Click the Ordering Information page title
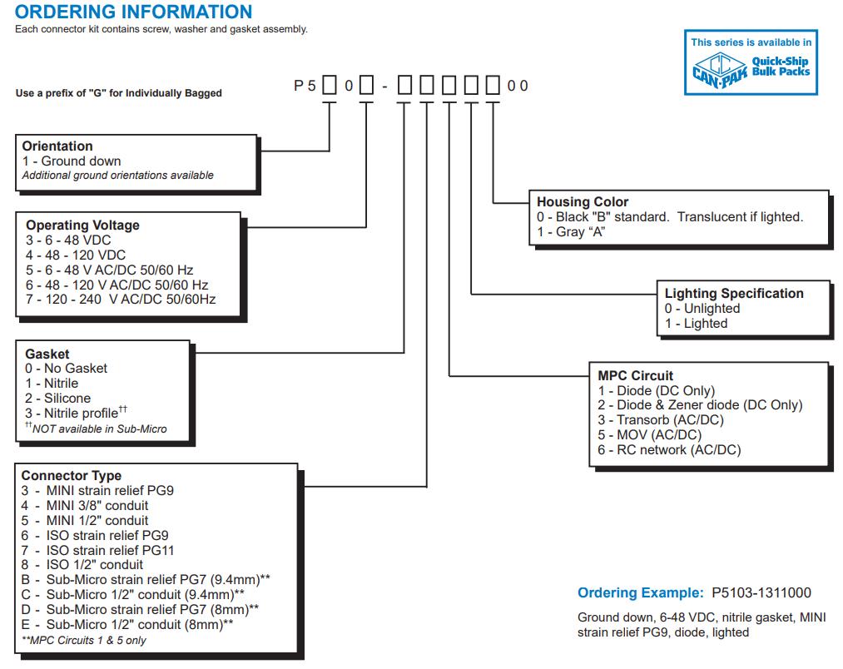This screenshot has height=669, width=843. point(134,12)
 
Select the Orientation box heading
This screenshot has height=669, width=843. point(57,146)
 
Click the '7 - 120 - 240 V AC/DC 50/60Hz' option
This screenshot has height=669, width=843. point(121,300)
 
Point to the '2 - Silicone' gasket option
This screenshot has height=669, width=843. point(57,399)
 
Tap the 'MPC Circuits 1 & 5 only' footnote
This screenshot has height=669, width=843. point(84,640)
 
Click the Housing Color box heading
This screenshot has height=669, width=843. point(583,202)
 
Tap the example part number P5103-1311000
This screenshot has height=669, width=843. point(761,593)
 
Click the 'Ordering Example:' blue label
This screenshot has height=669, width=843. point(641,593)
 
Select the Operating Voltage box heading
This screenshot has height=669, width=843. point(82,225)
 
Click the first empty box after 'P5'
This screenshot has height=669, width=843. point(329,86)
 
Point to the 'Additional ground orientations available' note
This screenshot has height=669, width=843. point(117,176)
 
